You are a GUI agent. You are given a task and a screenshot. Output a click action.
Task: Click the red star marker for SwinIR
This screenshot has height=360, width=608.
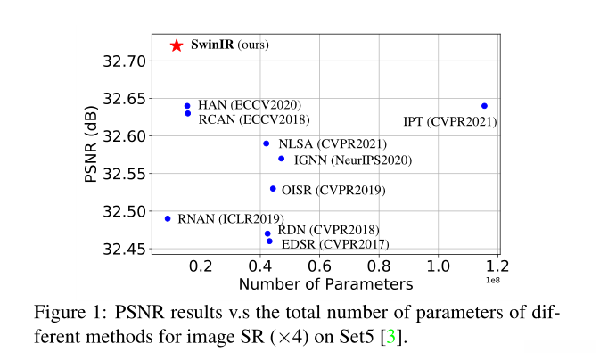(177, 45)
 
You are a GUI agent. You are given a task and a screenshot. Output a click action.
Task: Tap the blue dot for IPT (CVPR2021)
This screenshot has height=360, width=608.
(484, 106)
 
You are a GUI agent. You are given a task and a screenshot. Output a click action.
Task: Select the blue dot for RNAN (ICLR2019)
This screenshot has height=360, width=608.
(168, 218)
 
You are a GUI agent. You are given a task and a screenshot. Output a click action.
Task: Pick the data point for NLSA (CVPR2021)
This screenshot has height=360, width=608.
(266, 143)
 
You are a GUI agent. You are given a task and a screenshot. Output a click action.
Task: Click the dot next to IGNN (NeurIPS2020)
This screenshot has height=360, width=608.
(282, 159)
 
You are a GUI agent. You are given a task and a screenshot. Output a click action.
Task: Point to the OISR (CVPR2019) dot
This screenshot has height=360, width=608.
(273, 189)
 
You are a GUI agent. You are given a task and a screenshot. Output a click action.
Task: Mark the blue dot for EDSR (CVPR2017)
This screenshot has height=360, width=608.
(269, 241)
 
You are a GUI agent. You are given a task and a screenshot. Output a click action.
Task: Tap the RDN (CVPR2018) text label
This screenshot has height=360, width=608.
(328, 230)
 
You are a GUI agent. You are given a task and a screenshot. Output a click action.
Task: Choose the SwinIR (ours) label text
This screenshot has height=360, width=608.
(230, 45)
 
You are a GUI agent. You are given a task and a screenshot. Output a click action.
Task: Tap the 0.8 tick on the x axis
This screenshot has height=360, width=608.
(379, 266)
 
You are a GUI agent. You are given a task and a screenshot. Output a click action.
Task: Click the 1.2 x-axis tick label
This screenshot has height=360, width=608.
(497, 266)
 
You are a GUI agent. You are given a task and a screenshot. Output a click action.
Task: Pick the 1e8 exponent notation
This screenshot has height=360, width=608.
(493, 280)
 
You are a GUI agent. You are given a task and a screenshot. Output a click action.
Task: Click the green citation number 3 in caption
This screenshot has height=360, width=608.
(390, 340)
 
